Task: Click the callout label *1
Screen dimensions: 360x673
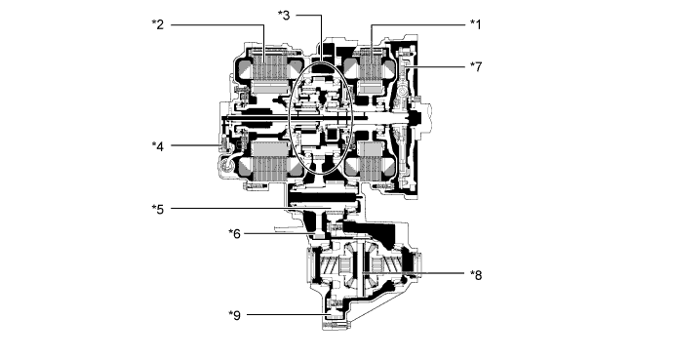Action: point(476,22)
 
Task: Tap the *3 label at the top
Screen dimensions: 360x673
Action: point(284,14)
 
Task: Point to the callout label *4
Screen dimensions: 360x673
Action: point(158,146)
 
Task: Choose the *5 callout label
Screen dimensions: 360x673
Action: point(158,208)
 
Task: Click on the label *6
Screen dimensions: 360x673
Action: point(234,233)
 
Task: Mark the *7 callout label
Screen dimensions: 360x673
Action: point(476,66)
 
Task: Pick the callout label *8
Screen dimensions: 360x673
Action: point(476,274)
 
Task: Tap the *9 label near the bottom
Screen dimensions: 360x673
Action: point(234,314)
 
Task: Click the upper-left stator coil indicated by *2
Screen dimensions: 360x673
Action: point(266,73)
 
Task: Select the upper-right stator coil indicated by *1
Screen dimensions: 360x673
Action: point(373,73)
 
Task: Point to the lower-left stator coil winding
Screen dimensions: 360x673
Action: point(266,159)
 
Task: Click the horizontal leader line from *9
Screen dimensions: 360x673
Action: point(283,314)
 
